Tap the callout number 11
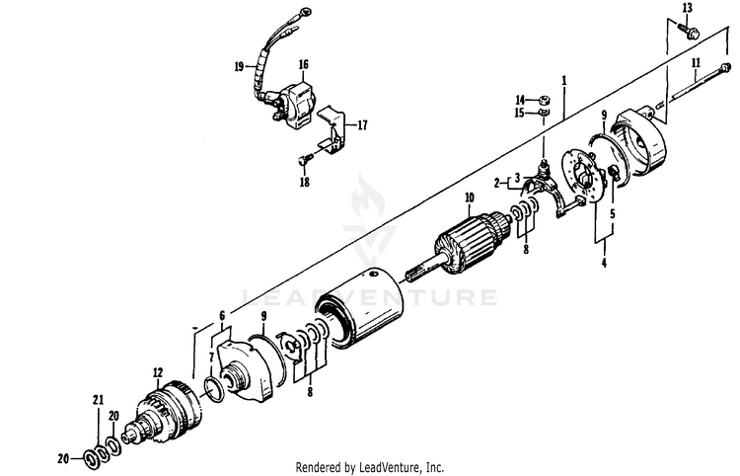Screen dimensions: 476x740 pyautogui.click(x=697, y=61)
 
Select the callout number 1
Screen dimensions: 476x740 pyautogui.click(x=563, y=78)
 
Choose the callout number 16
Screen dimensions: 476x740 pyautogui.click(x=303, y=64)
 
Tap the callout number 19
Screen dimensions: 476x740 pyautogui.click(x=239, y=67)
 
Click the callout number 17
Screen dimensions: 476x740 pyautogui.click(x=362, y=125)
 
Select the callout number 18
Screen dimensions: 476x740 pyautogui.click(x=305, y=182)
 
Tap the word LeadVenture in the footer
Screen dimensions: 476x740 pyautogui.click(x=399, y=467)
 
